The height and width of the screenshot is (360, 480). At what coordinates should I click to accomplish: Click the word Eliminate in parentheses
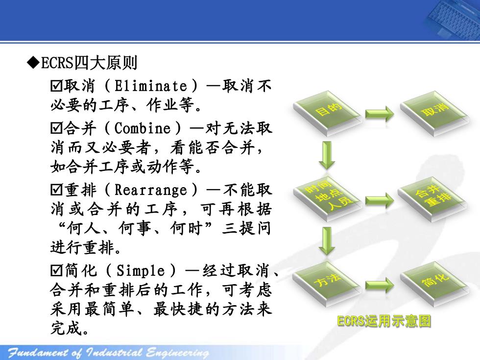coord(151,86)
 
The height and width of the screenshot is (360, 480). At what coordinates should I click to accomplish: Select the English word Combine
coord(143,128)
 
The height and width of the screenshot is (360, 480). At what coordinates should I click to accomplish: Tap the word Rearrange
coord(151,190)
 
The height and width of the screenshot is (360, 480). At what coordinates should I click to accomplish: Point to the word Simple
coord(141,270)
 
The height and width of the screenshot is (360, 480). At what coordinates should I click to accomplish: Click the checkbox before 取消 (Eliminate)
coord(56,86)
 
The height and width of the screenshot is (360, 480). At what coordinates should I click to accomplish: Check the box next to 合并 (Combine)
coord(56,128)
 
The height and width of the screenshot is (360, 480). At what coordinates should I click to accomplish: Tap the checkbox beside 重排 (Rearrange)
coord(56,190)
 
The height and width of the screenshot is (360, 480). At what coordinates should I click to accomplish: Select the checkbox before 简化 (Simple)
coord(56,270)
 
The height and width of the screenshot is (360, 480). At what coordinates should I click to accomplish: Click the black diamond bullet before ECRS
coord(33,63)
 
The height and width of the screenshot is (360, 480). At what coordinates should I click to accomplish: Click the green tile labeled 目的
coord(327,113)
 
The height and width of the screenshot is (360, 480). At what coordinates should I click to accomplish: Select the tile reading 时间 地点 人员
coord(327,199)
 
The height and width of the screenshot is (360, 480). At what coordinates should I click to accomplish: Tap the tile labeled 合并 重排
coord(433,199)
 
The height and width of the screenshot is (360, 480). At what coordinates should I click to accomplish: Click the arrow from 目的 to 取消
coord(380,114)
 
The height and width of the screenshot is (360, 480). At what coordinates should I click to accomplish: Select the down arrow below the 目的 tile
coord(327,155)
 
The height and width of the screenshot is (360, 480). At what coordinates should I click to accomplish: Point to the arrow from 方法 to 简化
coord(380,285)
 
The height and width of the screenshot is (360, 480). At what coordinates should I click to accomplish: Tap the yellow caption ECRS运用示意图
coord(384,321)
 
